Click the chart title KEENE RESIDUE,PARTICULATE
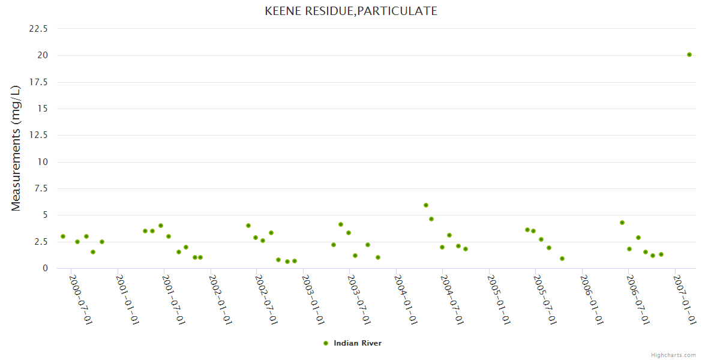pos(351,11)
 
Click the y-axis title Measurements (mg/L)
pos(16,148)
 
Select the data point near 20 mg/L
pos(689,55)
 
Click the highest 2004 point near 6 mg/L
pos(426,205)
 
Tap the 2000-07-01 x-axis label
pos(80,300)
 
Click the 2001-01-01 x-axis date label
pos(127,300)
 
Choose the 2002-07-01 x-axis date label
pos(266,300)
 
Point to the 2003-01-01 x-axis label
pos(313,300)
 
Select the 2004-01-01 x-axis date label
pos(406,300)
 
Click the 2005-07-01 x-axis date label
pos(545,300)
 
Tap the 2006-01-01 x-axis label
pos(592,300)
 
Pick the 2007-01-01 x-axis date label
pos(685,300)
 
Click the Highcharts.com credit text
pos(673,355)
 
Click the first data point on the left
pos(63,236)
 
